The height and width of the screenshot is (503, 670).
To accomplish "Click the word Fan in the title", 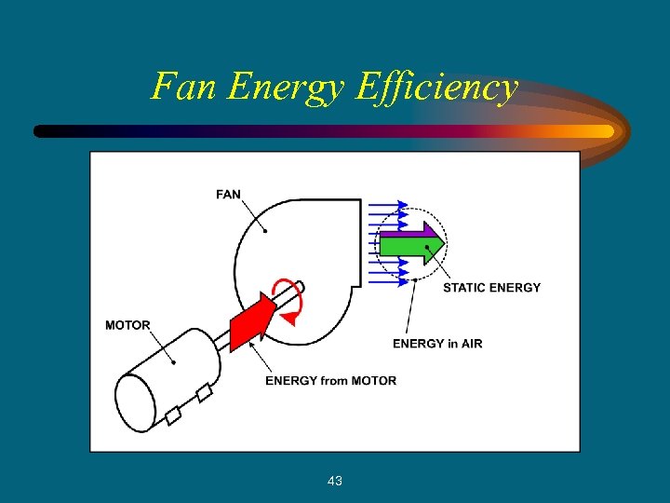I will tap(183, 87).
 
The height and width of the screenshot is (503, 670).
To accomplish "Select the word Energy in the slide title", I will tap(285, 88).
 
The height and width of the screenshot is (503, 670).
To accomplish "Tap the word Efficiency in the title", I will tap(436, 88).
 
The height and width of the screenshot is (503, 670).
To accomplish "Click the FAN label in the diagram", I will tap(228, 195).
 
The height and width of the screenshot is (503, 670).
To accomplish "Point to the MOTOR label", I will tap(127, 325).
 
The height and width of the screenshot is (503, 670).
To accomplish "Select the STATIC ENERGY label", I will tap(491, 288).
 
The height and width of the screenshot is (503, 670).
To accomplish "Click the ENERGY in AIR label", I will tap(437, 344).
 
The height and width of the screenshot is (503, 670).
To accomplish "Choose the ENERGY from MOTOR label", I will tap(330, 380).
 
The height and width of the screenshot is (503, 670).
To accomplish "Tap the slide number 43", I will tap(335, 481).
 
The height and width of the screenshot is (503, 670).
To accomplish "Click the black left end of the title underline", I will tap(42, 131).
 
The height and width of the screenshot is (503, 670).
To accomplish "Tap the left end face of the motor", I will tap(135, 401).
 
